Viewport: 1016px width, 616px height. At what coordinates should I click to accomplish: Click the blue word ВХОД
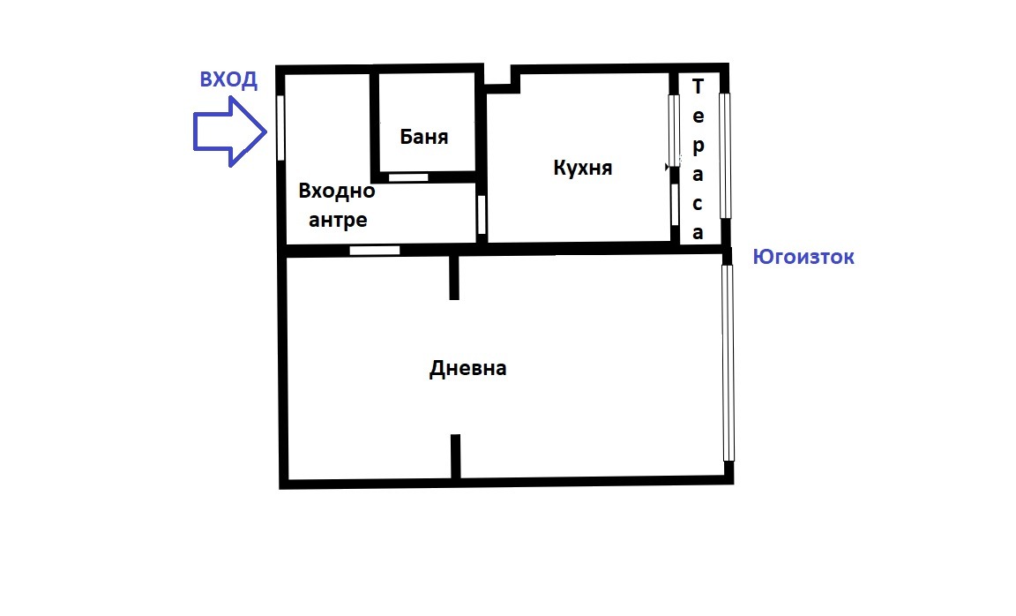pyautogui.click(x=228, y=80)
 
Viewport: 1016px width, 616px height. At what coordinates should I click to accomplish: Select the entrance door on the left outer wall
pyautogui.click(x=280, y=127)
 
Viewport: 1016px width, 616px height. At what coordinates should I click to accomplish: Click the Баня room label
pyautogui.click(x=424, y=137)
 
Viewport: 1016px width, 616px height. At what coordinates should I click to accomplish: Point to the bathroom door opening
pyautogui.click(x=408, y=177)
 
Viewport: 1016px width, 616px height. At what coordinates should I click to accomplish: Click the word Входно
pyautogui.click(x=337, y=191)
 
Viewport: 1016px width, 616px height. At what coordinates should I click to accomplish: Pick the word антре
pyautogui.click(x=337, y=220)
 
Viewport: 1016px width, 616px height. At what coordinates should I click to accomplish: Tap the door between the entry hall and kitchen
pyautogui.click(x=482, y=214)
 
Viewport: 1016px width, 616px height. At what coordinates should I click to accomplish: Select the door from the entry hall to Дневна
pyautogui.click(x=374, y=251)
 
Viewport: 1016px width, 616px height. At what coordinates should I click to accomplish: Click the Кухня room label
pyautogui.click(x=582, y=167)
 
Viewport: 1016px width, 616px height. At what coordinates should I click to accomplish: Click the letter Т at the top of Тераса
pyautogui.click(x=698, y=86)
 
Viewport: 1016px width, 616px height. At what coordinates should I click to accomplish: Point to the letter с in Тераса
pyautogui.click(x=698, y=204)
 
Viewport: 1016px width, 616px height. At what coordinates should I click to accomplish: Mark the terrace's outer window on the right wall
pyautogui.click(x=725, y=155)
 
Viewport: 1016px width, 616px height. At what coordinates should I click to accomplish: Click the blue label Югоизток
pyautogui.click(x=803, y=258)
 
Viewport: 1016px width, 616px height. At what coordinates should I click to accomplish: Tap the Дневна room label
pyautogui.click(x=467, y=368)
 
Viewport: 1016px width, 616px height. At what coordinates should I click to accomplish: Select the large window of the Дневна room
pyautogui.click(x=728, y=363)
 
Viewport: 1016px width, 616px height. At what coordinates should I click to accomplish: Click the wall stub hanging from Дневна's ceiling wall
pyautogui.click(x=454, y=277)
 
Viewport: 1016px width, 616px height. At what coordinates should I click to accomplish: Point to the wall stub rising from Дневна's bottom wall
pyautogui.click(x=455, y=456)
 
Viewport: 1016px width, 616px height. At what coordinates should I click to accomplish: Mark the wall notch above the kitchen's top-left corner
pyautogui.click(x=500, y=80)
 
